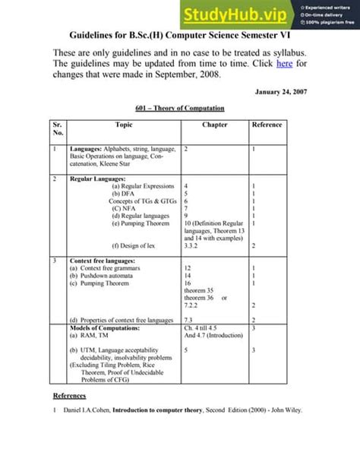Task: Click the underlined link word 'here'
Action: pos(284,65)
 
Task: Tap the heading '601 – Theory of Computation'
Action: pos(180,109)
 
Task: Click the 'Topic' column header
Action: pos(124,125)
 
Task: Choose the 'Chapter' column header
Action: pos(215,125)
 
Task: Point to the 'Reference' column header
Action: pos(267,125)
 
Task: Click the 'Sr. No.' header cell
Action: pos(58,128)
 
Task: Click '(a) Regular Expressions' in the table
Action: pos(143,186)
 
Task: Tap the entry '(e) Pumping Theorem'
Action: pos(141,223)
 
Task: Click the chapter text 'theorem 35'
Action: pos(201,290)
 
